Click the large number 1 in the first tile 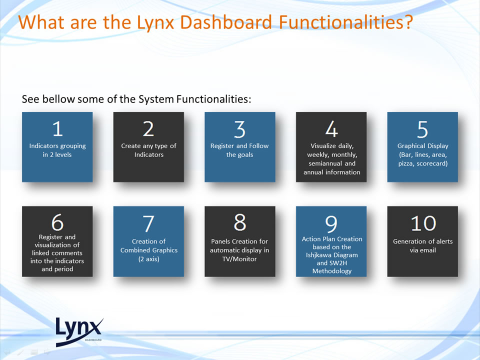tap(57, 129)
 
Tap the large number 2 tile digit tap(148, 129)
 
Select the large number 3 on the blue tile tap(239, 129)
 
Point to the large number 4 tap(331, 129)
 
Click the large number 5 tap(422, 129)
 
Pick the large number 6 tap(57, 222)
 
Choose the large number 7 tap(148, 224)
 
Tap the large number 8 tap(239, 222)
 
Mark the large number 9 tap(331, 224)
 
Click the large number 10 tap(423, 223)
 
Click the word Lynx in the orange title tap(155, 22)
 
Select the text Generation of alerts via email tap(423, 246)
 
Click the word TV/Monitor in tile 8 tap(239, 259)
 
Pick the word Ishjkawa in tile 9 tap(318, 255)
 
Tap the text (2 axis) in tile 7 tap(149, 259)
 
